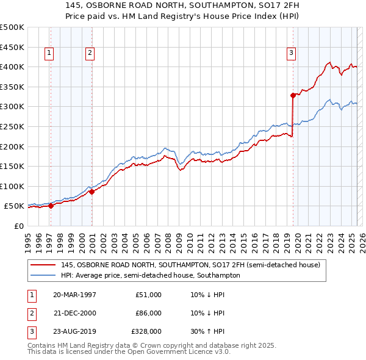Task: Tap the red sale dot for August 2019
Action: [x=293, y=95]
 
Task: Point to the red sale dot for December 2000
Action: [x=92, y=192]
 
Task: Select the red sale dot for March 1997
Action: [x=51, y=206]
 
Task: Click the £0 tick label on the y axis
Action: [x=18, y=226]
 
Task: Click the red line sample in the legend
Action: [x=43, y=265]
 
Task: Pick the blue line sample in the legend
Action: [x=43, y=275]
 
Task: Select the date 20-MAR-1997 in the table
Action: [x=74, y=295]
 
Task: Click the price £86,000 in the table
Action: [x=148, y=314]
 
